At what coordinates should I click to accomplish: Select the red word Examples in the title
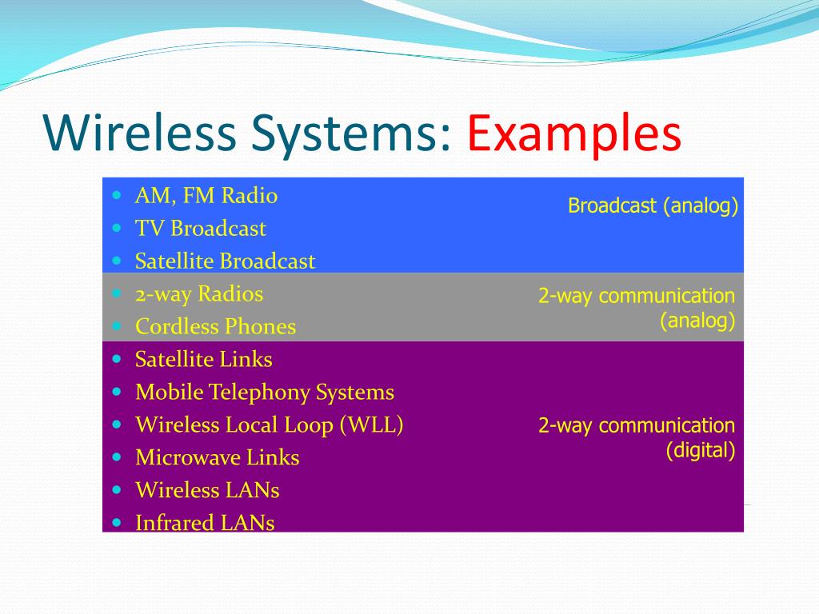(574, 134)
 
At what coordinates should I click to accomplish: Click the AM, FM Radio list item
(206, 196)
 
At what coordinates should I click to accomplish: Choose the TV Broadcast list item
(201, 229)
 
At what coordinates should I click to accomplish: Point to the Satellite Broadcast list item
(225, 261)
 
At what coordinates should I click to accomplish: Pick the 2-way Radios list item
(199, 294)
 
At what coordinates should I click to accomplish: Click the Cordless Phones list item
(215, 327)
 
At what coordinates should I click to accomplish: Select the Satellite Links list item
(204, 360)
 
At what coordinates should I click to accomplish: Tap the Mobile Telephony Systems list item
(265, 393)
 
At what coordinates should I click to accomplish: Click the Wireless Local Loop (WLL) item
(270, 425)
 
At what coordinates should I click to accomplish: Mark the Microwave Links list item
(218, 458)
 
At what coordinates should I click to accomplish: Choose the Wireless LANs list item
(207, 490)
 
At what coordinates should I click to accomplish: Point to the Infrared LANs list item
(205, 524)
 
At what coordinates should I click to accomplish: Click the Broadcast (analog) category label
(653, 206)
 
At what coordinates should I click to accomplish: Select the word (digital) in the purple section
(701, 450)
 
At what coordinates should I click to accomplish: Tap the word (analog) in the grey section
(697, 321)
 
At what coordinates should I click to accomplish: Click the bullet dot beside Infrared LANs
(118, 523)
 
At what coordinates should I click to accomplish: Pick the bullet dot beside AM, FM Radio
(118, 195)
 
